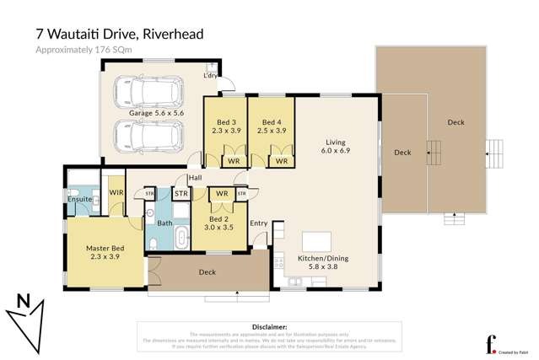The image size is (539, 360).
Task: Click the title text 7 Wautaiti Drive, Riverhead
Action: pyautogui.click(x=119, y=34)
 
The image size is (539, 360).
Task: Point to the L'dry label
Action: pyautogui.click(x=211, y=76)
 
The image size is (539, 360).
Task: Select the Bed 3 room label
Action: pyautogui.click(x=225, y=126)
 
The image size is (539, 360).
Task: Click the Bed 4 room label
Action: pyautogui.click(x=270, y=126)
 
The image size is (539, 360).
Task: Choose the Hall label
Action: pyautogui.click(x=195, y=178)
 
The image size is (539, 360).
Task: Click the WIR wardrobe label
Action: pyautogui.click(x=116, y=193)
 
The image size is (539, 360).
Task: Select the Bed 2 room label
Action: pyautogui.click(x=221, y=223)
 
